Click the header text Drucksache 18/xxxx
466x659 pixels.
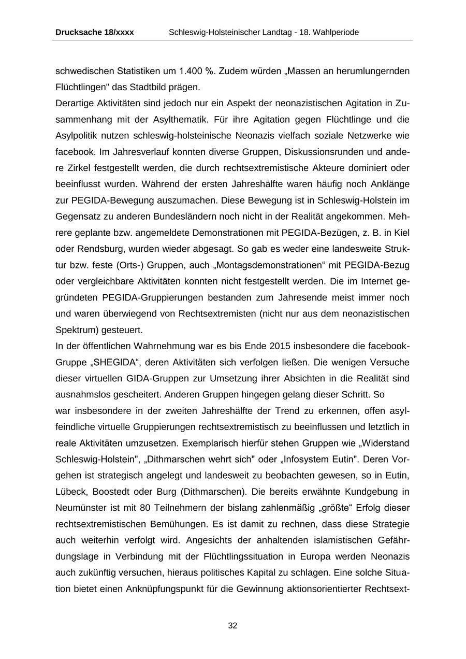[94, 32]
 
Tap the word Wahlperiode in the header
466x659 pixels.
[337, 32]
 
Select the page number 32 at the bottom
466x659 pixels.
[232, 625]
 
